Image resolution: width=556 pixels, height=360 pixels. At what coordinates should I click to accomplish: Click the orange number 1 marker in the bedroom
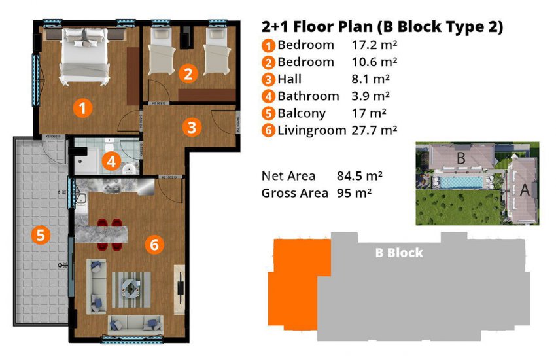pyautogui.click(x=82, y=107)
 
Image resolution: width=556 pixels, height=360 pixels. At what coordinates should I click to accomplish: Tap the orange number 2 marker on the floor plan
pyautogui.click(x=188, y=74)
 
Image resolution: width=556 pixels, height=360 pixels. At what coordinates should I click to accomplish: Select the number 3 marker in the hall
pyautogui.click(x=191, y=126)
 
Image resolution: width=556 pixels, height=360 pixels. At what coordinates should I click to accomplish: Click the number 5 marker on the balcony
pyautogui.click(x=41, y=235)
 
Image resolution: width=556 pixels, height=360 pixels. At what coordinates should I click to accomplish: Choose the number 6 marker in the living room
pyautogui.click(x=154, y=245)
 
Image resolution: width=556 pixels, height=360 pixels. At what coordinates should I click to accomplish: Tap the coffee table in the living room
pyautogui.click(x=131, y=287)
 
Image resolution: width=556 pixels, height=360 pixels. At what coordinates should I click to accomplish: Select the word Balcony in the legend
pyautogui.click(x=302, y=113)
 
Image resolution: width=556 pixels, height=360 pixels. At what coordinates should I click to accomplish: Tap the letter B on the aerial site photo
pyautogui.click(x=460, y=158)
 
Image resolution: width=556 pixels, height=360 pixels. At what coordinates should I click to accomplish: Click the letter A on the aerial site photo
pyautogui.click(x=523, y=191)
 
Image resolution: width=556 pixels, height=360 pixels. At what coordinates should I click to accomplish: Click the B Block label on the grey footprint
pyautogui.click(x=398, y=253)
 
